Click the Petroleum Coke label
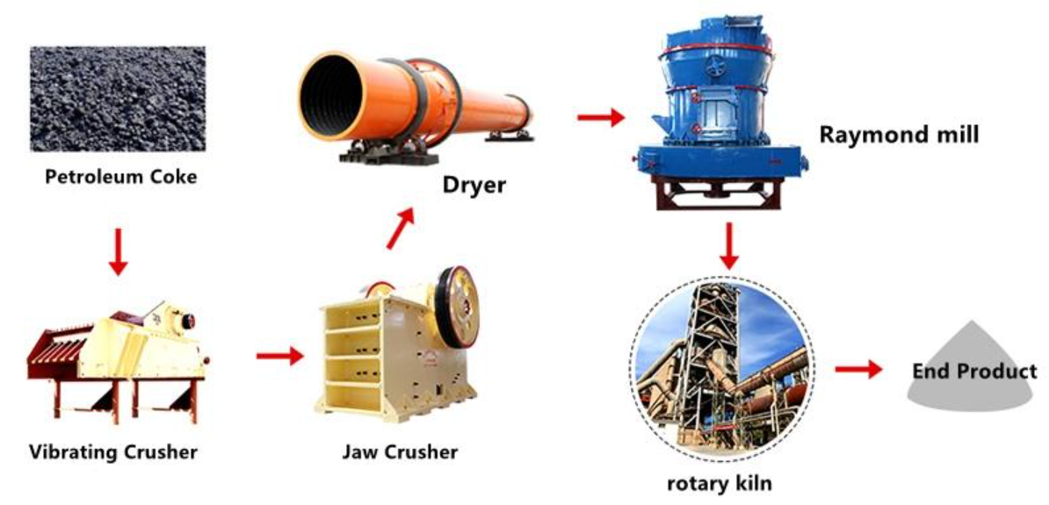[x=121, y=177]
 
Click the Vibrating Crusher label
[x=113, y=453]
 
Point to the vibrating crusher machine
[x=114, y=356]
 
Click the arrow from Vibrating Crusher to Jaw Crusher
[x=279, y=357]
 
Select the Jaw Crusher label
[x=400, y=453]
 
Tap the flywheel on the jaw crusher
[x=455, y=307]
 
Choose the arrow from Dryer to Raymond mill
[x=600, y=116]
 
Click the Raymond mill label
[x=899, y=135]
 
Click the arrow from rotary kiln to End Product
[x=857, y=370]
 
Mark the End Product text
[x=973, y=372]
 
